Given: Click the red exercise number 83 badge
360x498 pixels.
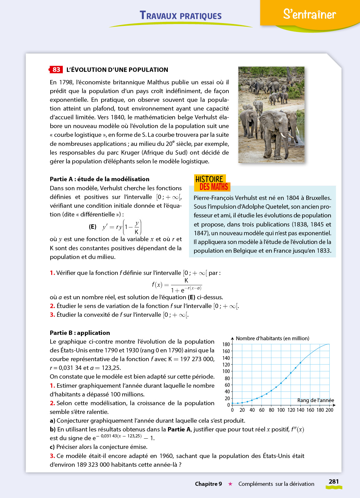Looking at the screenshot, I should click(56, 70).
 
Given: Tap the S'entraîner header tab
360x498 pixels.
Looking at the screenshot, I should click(309, 14).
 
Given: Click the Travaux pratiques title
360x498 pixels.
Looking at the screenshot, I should click(181, 15).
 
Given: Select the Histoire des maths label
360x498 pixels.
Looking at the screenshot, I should click(212, 183).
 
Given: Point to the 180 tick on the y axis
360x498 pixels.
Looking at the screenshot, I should click(226, 344).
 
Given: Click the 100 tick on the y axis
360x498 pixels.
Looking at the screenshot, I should click(226, 371).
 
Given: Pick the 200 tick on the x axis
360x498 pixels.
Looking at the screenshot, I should click(329, 410).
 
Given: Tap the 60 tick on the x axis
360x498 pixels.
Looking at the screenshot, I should click(262, 410).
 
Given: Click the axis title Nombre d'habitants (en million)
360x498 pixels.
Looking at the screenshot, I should click(272, 338).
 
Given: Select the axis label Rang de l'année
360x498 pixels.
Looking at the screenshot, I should click(316, 400).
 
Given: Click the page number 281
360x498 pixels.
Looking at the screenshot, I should click(334, 481).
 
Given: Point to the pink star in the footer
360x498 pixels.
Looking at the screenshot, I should click(230, 484).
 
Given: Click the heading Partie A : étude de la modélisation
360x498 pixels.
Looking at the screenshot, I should click(100, 179).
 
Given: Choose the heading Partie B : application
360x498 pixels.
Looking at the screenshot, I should click(80, 333).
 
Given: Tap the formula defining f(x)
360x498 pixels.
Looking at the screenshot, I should click(177, 285).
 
